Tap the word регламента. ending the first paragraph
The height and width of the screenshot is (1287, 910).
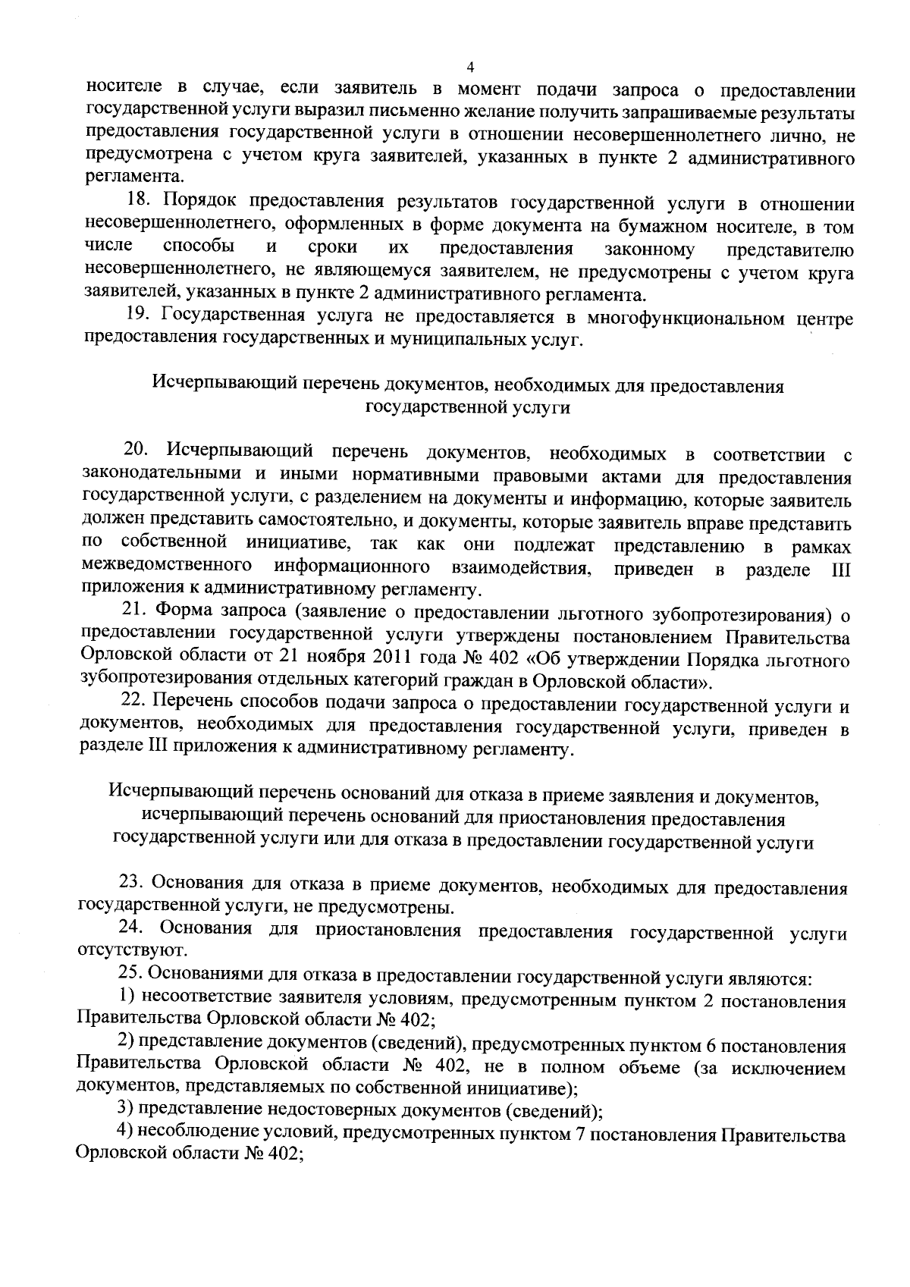click(x=133, y=177)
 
